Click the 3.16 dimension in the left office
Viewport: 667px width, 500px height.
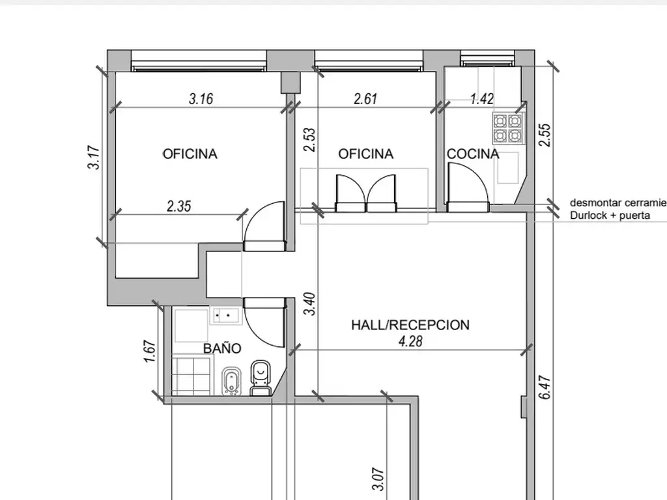pyautogui.click(x=201, y=99)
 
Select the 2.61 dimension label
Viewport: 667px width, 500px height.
pyautogui.click(x=365, y=99)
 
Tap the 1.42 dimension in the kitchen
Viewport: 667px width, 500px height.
pyautogui.click(x=482, y=99)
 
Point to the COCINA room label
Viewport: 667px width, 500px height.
pyautogui.click(x=473, y=154)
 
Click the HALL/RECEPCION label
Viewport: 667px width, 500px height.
pyautogui.click(x=410, y=325)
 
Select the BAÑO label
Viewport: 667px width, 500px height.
pyautogui.click(x=222, y=348)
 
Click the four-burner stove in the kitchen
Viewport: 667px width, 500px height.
pyautogui.click(x=508, y=128)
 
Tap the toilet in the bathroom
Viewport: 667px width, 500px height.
pyautogui.click(x=261, y=378)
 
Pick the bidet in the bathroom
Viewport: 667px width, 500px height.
pyautogui.click(x=232, y=381)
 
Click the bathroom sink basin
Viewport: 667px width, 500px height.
pyautogui.click(x=226, y=316)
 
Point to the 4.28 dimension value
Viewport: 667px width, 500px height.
pyautogui.click(x=410, y=341)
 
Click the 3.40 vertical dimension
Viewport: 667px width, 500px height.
pyautogui.click(x=310, y=303)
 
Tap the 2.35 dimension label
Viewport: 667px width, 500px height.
pyautogui.click(x=178, y=206)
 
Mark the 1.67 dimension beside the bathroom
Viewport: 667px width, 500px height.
pyautogui.click(x=150, y=351)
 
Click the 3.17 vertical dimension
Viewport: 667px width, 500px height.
pyautogui.click(x=94, y=158)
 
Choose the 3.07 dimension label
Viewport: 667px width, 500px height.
pyautogui.click(x=378, y=479)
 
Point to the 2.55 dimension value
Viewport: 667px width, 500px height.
pyautogui.click(x=545, y=135)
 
